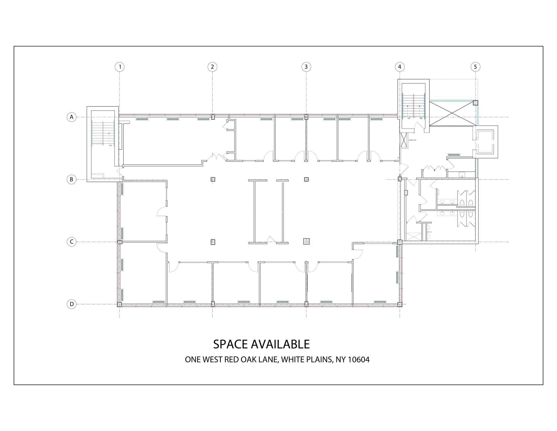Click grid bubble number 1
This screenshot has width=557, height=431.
(120, 67)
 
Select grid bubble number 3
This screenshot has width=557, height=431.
(306, 67)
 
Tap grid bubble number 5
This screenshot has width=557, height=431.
(475, 67)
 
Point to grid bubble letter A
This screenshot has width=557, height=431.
(72, 117)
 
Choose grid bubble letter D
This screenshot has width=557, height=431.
(72, 304)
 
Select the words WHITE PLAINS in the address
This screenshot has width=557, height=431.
(307, 360)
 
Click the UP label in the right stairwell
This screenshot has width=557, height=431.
(409, 118)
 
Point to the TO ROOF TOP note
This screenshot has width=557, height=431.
(412, 140)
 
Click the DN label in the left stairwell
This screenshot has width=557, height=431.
(110, 145)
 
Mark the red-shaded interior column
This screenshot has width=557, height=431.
(307, 242)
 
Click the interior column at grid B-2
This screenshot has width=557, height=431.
(213, 179)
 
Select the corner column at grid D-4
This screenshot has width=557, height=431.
(400, 304)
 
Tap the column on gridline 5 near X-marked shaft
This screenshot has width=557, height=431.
(475, 103)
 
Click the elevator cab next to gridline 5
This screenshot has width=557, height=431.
(485, 142)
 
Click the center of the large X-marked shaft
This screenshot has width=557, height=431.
(452, 113)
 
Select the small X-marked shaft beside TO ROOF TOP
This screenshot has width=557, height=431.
(404, 140)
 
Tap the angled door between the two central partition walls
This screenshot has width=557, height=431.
(271, 239)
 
